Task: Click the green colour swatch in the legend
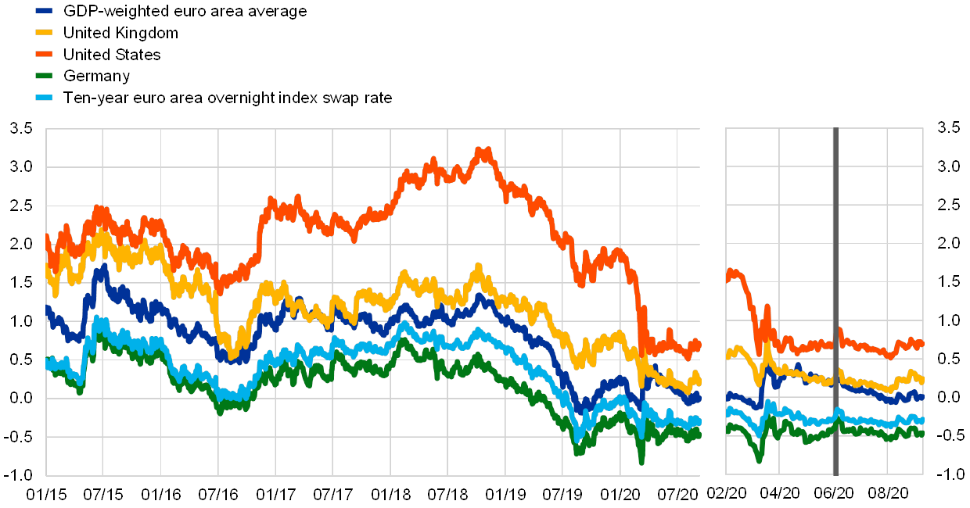[45, 76]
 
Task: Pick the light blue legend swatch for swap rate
[45, 98]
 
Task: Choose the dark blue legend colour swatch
[45, 11]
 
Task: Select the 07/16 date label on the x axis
[217, 494]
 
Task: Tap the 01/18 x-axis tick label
[390, 494]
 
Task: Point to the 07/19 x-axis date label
[562, 494]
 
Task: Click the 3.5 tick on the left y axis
[22, 128]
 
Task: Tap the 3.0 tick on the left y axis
[22, 166]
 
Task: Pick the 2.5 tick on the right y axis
[948, 205]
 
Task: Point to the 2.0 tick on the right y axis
[948, 243]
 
